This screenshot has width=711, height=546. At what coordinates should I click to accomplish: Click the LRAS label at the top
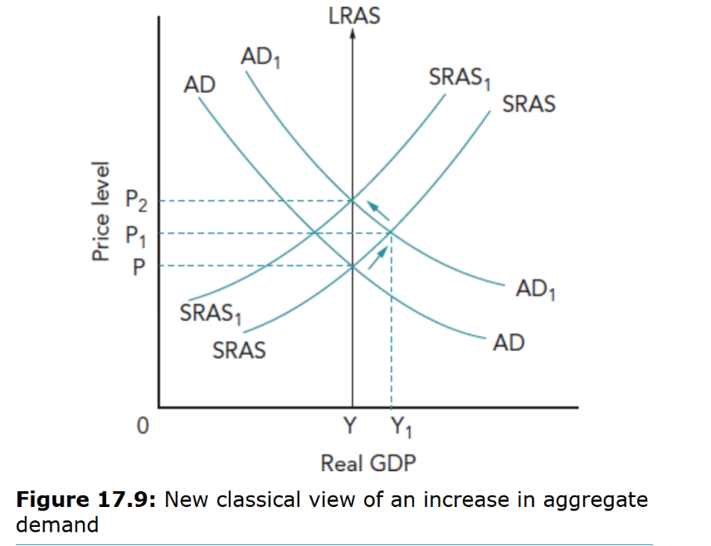[x=354, y=15]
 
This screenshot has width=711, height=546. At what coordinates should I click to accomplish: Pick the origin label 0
[x=143, y=427]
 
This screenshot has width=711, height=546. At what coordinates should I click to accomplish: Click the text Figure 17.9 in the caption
[x=87, y=500]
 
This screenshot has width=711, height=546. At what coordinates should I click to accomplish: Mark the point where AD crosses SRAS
[x=353, y=266]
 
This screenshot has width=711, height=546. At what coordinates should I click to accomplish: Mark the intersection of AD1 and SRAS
[x=391, y=233]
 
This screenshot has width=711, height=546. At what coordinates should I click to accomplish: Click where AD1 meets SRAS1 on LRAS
[x=353, y=200]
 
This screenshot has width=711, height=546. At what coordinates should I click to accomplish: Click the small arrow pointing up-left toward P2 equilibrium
[x=379, y=210]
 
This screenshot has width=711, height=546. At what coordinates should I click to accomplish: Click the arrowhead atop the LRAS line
[x=353, y=35]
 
